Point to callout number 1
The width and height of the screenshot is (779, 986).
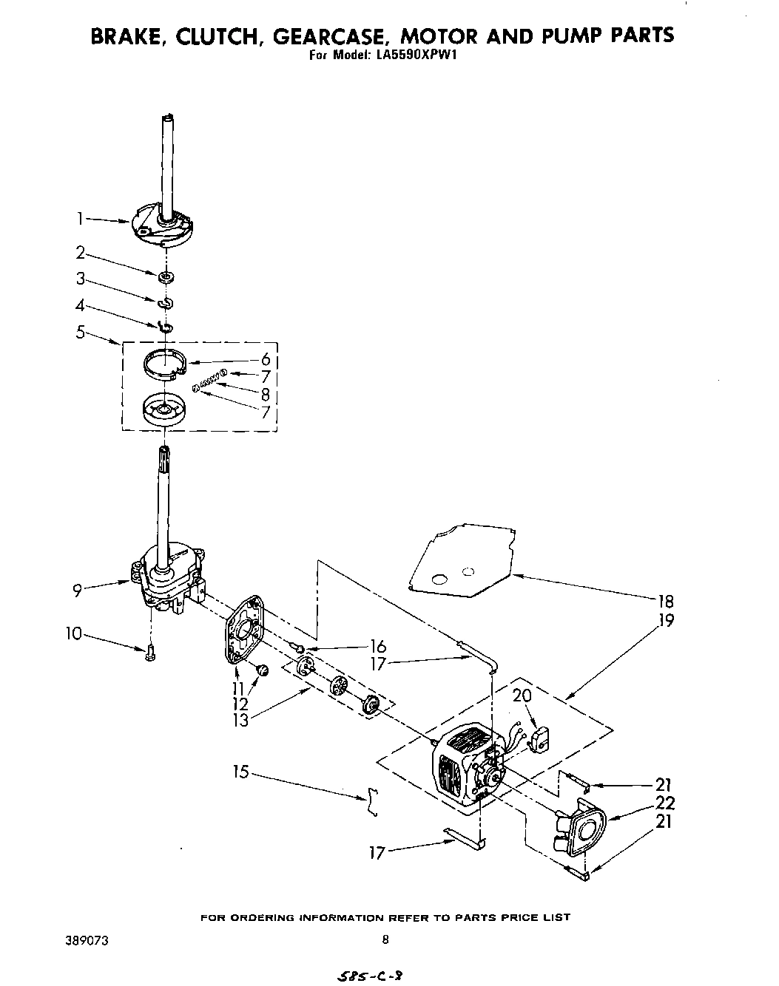(79, 218)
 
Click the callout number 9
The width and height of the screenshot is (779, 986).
(77, 590)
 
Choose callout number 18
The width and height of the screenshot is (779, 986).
(665, 601)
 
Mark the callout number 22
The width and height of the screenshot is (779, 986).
(665, 803)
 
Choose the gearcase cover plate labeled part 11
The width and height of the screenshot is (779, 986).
(245, 628)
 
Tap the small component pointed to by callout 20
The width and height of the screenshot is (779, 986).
(542, 737)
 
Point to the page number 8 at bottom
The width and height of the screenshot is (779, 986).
(385, 940)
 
